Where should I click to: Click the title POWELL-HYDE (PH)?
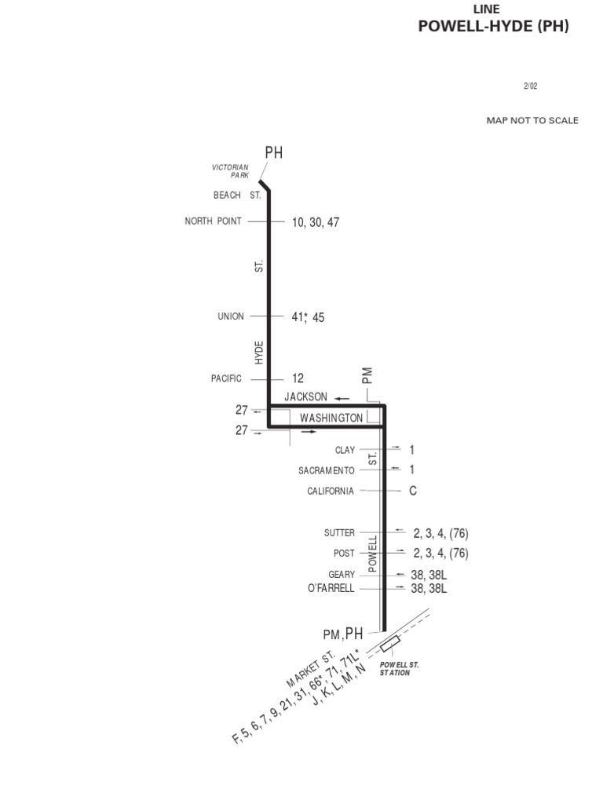(493, 27)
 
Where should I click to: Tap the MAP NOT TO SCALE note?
(532, 121)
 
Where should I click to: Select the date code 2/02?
(531, 86)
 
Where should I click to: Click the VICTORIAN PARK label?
(230, 171)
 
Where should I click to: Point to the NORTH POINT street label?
(213, 221)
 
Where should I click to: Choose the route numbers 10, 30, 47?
(316, 222)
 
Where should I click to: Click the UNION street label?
(231, 316)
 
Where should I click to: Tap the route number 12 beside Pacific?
(298, 378)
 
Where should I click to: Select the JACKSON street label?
(312, 397)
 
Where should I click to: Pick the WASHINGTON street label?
(332, 418)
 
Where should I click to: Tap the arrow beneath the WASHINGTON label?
(309, 432)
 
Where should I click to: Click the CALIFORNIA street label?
(331, 491)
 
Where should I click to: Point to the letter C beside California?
(412, 491)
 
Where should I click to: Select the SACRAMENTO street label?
(326, 470)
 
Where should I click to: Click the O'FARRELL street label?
(331, 588)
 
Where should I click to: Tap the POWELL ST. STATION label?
(400, 668)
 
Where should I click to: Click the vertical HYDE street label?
(259, 353)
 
